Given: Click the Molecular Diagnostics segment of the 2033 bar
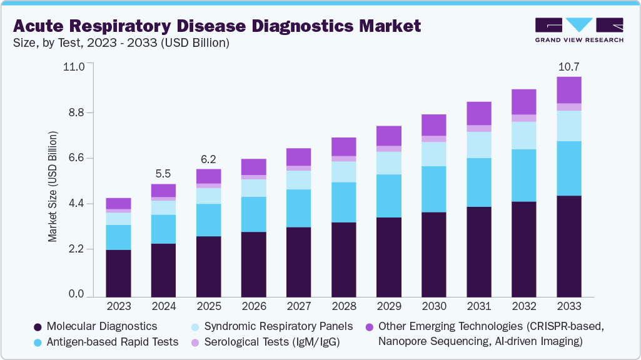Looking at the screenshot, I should (569, 246).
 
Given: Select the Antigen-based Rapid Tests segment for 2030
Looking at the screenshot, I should (433, 189).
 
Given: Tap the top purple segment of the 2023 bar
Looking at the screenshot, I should (118, 203).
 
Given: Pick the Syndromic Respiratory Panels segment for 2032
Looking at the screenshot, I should (524, 135).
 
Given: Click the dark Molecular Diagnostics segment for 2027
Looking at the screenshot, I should (298, 262).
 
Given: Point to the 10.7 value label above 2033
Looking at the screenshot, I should (568, 67).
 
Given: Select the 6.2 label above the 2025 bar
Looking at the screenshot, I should (208, 159).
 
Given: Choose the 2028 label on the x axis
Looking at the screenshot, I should (343, 307).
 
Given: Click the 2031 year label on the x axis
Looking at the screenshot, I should (478, 307).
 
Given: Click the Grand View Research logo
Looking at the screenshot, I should (579, 30).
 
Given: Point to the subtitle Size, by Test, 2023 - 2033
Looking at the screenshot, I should (106, 43).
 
